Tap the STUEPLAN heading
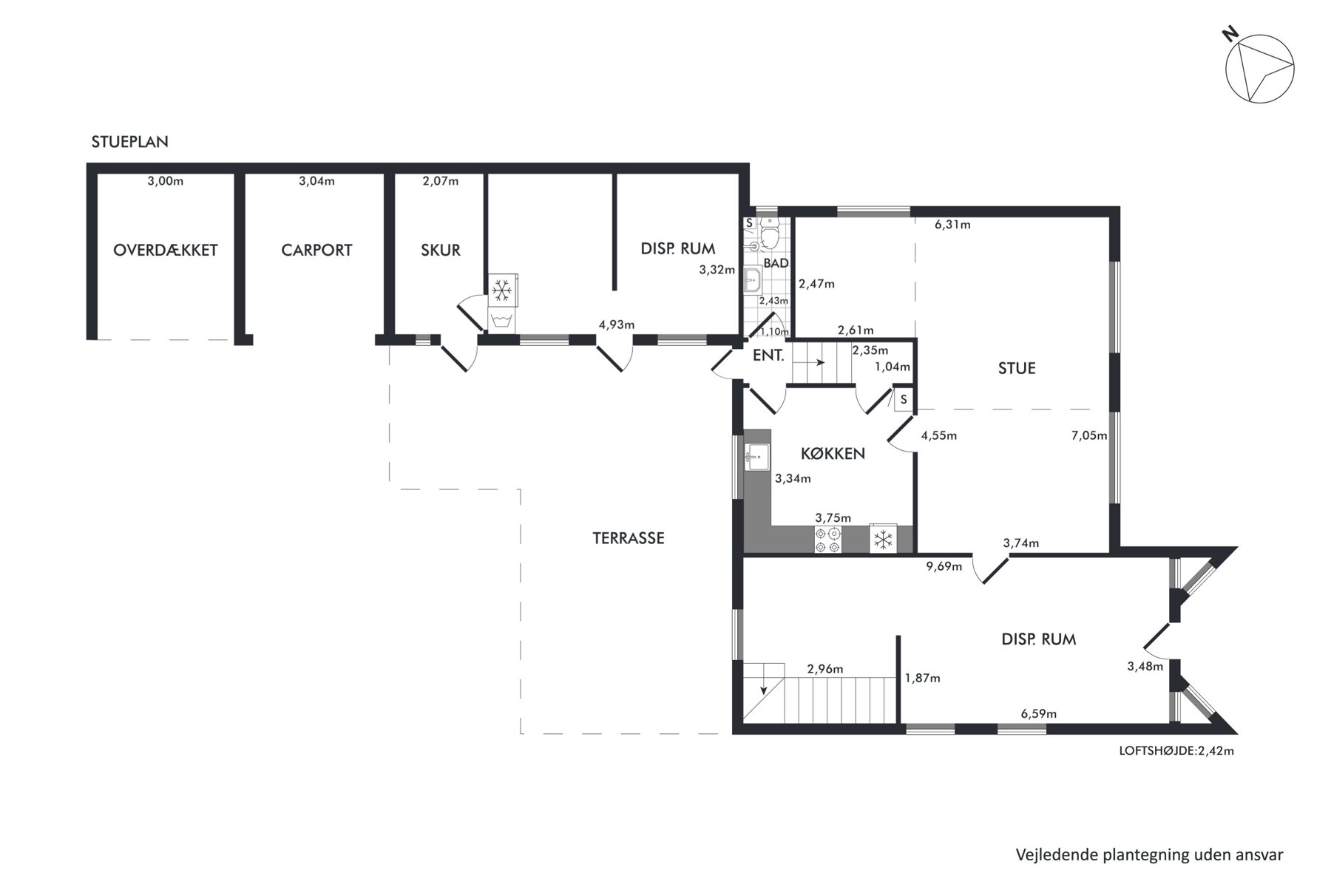(x=130, y=142)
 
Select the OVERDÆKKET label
(x=166, y=250)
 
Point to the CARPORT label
(x=316, y=250)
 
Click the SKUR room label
(x=441, y=250)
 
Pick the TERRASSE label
(x=629, y=538)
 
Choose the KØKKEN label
(x=833, y=453)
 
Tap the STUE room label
(x=1017, y=368)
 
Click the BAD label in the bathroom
(x=776, y=263)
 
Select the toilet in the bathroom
(x=771, y=233)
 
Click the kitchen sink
(x=757, y=457)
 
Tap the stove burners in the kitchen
(x=827, y=540)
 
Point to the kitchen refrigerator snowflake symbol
(x=882, y=539)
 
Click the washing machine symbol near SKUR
(x=502, y=321)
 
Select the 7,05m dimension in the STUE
(x=1089, y=435)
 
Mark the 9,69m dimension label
(x=944, y=567)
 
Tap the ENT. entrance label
(x=768, y=356)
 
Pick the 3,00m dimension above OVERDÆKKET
(x=166, y=181)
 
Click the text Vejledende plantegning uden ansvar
(x=1150, y=855)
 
